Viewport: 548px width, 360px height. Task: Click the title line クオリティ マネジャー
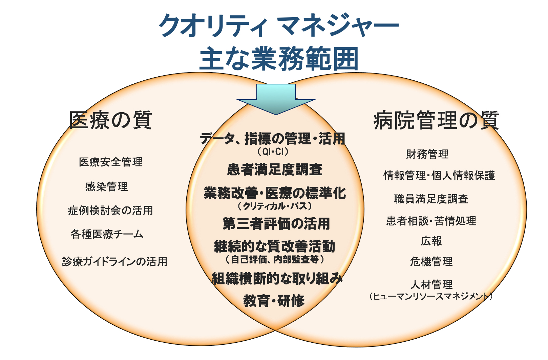(279, 25)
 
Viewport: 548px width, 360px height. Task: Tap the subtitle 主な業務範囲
(279, 59)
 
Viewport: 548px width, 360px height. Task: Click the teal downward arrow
(276, 99)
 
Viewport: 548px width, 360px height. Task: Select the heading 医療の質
(110, 120)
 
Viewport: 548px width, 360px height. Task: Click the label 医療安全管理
(110, 162)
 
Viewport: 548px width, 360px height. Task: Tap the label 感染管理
(107, 187)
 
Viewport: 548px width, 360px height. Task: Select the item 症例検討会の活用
(110, 211)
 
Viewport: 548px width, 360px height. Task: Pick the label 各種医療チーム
(107, 234)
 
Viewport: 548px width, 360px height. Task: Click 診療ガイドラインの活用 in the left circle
(115, 262)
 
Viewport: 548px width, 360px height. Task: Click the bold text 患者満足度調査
(275, 169)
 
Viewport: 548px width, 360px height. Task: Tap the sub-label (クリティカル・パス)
(275, 206)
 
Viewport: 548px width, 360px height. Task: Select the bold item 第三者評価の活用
(276, 224)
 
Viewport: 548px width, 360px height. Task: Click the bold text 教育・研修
(274, 301)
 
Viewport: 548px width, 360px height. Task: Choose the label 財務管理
(427, 154)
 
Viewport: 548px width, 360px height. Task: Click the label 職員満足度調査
(431, 199)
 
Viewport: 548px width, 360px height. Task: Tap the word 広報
(431, 241)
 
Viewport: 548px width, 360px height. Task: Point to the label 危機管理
(431, 262)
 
